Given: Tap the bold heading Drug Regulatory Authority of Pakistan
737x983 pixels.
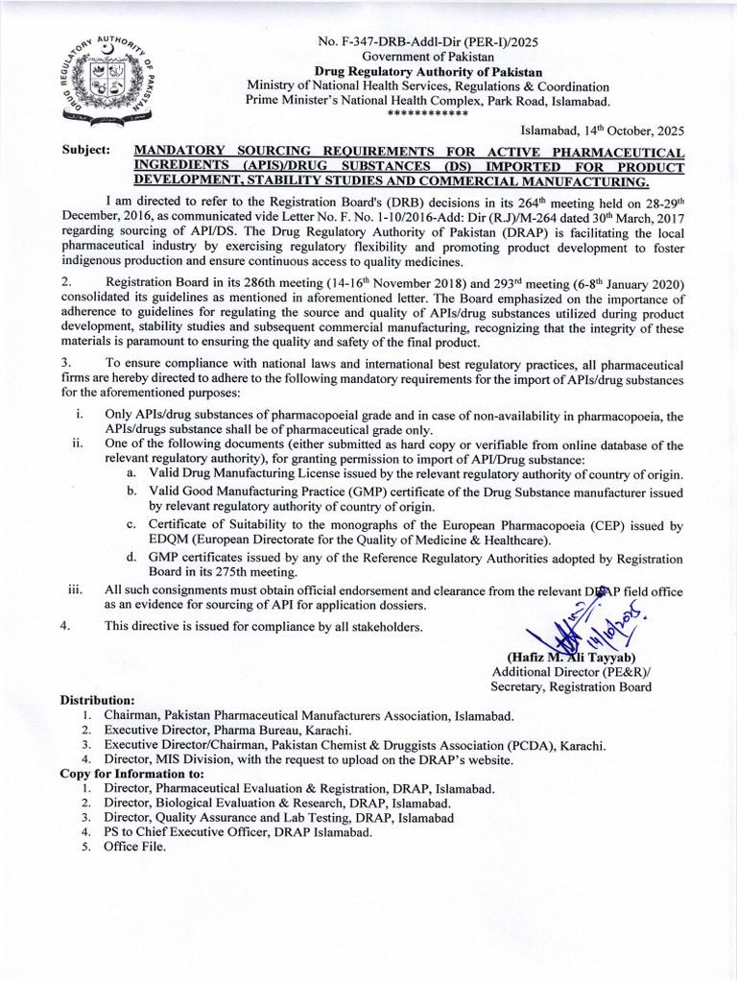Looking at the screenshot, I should [429, 72].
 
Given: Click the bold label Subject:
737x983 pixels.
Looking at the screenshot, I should [85, 152].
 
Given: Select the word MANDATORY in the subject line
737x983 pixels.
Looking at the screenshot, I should [178, 152].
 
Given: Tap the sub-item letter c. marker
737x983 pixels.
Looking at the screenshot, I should [131, 525].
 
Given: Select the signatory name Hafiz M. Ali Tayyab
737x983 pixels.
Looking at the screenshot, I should [573, 657].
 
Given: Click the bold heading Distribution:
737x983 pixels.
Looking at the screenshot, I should [98, 700].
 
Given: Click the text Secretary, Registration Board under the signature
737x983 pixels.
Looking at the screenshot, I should [571, 686].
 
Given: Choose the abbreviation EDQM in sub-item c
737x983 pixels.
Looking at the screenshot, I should [171, 540].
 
